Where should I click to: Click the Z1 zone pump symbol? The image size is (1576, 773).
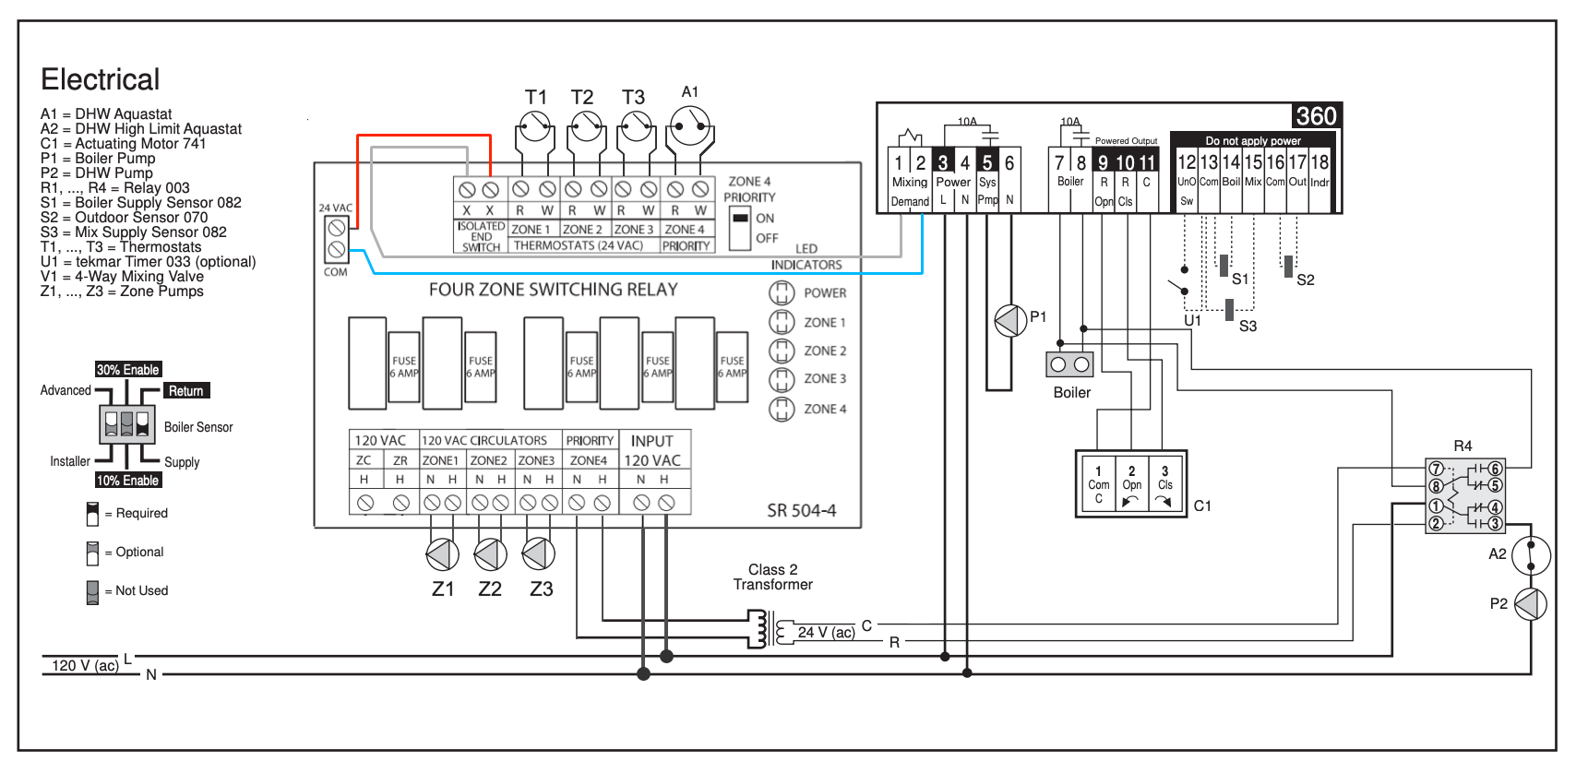443,555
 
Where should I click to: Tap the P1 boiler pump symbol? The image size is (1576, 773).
1011,321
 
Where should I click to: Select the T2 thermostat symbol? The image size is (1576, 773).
586,127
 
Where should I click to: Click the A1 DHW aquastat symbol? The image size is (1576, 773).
689,125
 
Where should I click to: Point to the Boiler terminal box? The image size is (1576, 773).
1069,364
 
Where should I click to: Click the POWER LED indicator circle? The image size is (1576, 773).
781,292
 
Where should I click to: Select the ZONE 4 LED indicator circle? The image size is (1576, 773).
781,409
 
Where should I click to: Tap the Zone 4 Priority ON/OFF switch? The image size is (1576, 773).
739,228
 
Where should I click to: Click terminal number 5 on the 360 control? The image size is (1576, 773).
987,163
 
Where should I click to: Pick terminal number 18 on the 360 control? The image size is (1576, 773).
1319,162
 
